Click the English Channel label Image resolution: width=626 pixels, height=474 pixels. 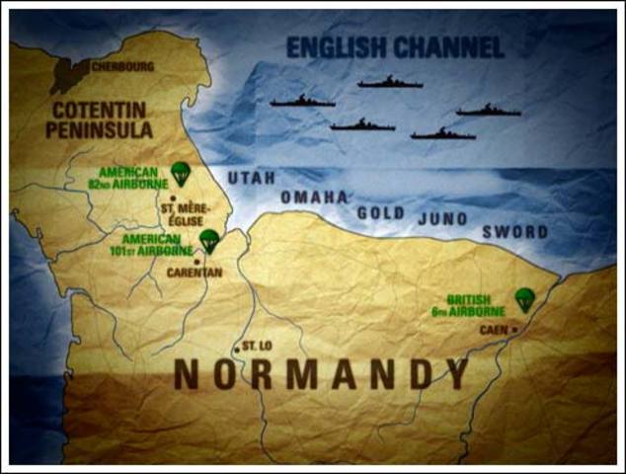point(395,46)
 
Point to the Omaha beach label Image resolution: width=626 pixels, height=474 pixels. point(314,197)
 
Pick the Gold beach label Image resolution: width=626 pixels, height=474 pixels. point(381,212)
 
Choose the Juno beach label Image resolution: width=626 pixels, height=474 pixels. point(442,218)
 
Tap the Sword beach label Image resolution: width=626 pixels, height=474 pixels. point(514,232)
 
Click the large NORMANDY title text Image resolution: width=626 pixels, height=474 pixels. point(321,374)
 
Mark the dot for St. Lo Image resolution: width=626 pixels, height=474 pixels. point(236,348)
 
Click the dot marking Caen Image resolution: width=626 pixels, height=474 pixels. point(513,329)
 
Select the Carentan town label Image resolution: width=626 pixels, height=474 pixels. point(194,273)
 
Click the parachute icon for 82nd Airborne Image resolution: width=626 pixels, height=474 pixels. point(180,174)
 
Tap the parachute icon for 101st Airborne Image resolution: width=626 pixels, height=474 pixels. point(208,240)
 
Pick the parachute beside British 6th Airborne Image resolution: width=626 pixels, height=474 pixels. point(524,299)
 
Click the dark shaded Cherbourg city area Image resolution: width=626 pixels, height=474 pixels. point(71,73)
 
